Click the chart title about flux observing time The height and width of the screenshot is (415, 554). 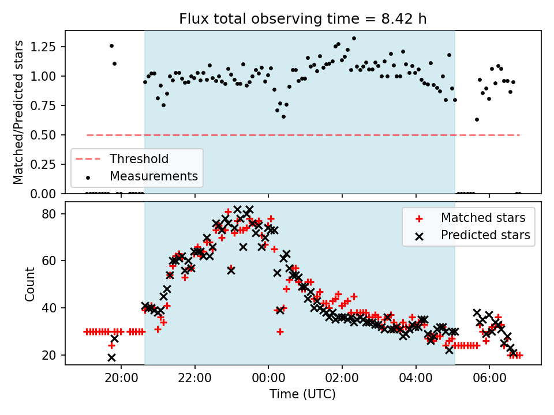(x=303, y=18)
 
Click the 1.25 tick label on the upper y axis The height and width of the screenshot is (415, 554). (x=43, y=47)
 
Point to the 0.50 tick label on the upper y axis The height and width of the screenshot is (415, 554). (x=43, y=135)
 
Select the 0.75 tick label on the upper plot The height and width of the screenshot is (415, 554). (x=43, y=105)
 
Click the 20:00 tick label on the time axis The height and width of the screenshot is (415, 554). (x=121, y=378)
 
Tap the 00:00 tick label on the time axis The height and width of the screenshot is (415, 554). (x=268, y=378)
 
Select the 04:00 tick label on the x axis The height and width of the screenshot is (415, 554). (x=416, y=378)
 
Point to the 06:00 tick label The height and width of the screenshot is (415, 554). (x=489, y=378)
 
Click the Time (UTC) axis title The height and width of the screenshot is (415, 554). (x=303, y=394)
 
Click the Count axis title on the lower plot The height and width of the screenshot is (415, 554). (x=29, y=284)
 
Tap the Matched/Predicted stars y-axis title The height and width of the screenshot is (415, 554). (x=18, y=112)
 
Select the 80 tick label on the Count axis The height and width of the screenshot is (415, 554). (x=49, y=214)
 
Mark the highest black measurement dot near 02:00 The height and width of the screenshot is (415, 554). (x=354, y=39)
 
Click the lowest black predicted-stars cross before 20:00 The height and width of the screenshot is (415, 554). (x=111, y=358)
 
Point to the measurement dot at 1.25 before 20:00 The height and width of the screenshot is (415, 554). (x=111, y=46)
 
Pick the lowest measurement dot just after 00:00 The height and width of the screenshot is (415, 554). (x=283, y=117)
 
